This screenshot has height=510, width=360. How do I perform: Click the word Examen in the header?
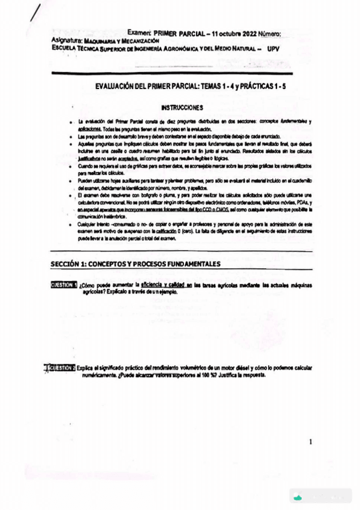[x=139, y=34]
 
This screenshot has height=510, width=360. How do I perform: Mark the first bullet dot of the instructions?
[x=72, y=122]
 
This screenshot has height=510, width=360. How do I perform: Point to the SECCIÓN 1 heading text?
[x=135, y=264]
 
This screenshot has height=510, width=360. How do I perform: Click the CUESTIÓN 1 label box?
[x=64, y=284]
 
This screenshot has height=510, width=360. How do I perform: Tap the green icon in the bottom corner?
[x=297, y=497]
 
